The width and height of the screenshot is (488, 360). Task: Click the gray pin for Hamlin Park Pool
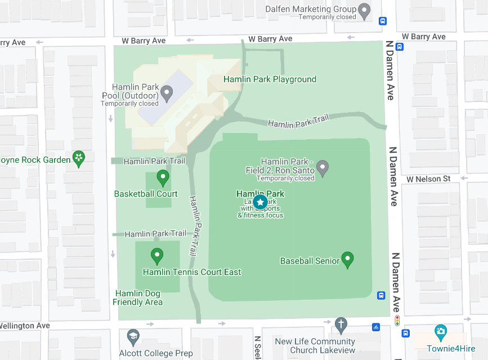coord(166,92)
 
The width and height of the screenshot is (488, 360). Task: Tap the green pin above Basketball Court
coord(163,177)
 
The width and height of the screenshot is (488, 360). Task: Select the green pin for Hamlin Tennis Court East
coord(157,256)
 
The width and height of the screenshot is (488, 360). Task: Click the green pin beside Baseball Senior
coord(348,259)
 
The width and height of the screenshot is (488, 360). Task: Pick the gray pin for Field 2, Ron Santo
coord(323,167)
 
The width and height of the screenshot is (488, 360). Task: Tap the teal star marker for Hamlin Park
coord(260,202)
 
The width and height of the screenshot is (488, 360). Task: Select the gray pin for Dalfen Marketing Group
coord(365,10)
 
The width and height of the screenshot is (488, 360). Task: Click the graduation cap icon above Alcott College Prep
coord(133,337)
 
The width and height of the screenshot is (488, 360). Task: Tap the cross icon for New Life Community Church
coord(341,325)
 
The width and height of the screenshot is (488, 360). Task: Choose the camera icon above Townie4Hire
coord(441,331)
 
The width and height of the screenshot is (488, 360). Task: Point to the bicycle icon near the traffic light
coord(376,326)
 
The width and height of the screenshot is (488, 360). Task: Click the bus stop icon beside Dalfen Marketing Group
coord(383,21)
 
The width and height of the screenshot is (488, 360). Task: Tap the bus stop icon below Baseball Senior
coord(381,295)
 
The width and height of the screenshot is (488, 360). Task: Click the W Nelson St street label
coord(428,179)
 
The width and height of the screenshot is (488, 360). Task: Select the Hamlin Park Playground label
coord(270,79)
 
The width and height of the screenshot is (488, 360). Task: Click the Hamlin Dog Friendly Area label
coord(138,298)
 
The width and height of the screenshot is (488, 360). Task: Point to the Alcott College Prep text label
coord(156,354)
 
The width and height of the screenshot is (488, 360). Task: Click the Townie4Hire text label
coord(451,348)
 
